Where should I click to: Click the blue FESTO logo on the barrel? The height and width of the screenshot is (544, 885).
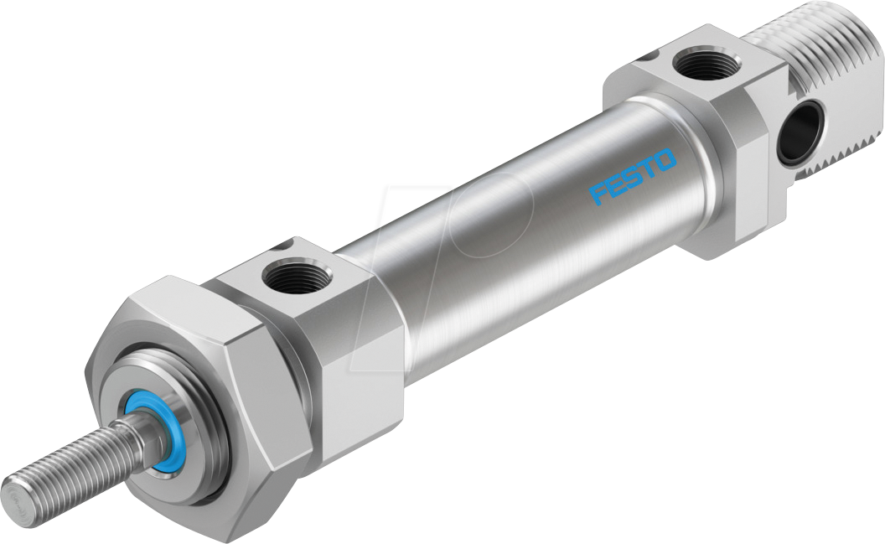point(633,176)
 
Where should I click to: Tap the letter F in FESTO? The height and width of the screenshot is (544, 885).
point(599,194)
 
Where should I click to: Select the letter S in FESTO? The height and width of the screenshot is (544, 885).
point(633,176)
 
